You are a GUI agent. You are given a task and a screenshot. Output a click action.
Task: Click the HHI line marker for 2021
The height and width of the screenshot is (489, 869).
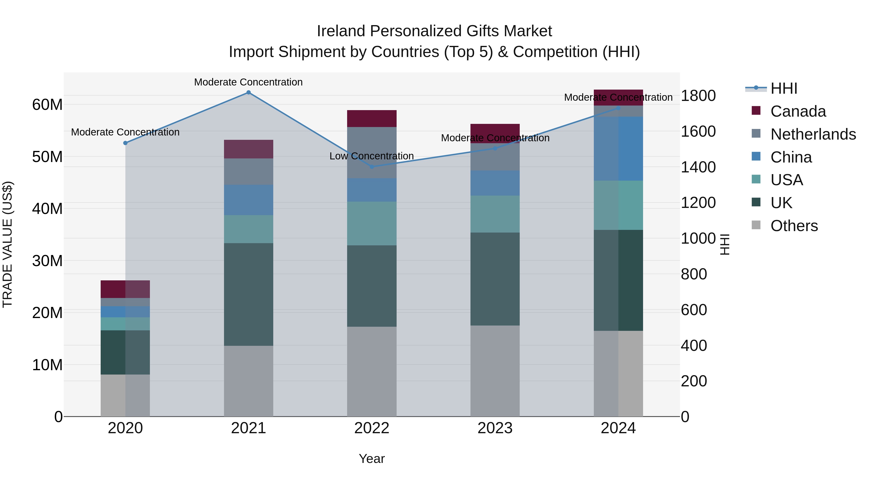(248, 92)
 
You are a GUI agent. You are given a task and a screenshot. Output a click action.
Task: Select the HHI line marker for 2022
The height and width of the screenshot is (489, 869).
(372, 167)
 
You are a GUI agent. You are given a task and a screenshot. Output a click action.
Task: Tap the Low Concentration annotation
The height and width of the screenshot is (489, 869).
(371, 156)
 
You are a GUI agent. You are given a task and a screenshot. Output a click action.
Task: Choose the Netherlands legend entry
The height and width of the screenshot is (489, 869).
(813, 134)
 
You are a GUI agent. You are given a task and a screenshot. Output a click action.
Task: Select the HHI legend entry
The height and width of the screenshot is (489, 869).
(784, 88)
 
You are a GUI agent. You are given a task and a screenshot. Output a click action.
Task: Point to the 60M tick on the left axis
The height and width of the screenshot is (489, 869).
(47, 105)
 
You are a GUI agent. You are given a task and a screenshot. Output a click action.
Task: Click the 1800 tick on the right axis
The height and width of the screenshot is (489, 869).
(698, 96)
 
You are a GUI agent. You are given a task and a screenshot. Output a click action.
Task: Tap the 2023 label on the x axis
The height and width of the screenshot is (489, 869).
(495, 428)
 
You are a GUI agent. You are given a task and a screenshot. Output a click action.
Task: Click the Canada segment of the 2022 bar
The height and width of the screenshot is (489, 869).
(372, 119)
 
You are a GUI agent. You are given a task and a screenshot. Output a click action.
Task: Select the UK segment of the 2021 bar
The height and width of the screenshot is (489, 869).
(248, 294)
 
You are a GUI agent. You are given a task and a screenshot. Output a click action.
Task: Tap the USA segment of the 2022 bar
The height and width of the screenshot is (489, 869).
(372, 223)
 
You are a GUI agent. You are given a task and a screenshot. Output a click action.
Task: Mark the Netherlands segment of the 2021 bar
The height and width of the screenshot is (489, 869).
(248, 171)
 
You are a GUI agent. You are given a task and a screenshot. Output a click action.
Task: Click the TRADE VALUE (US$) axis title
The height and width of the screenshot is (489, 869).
(8, 244)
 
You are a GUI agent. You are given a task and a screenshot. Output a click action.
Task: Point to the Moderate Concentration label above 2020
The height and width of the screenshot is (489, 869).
(125, 132)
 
